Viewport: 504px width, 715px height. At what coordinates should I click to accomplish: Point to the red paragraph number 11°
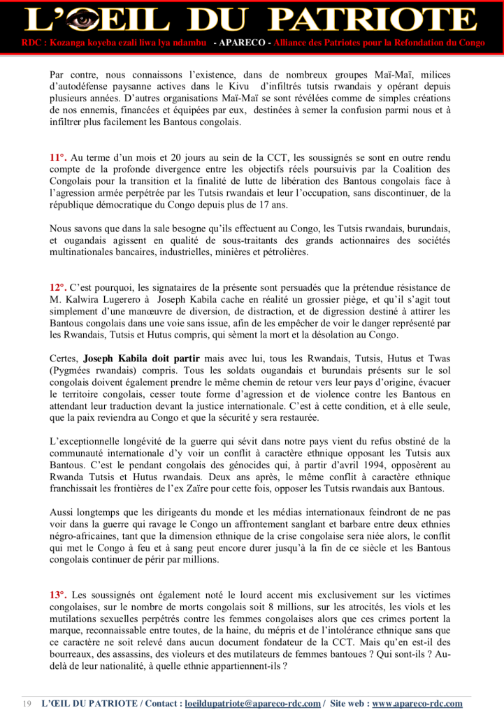point(58,159)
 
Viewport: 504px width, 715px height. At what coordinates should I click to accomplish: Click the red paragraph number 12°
point(58,287)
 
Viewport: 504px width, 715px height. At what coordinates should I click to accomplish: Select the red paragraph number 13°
point(58,595)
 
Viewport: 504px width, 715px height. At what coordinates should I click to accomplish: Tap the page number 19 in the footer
point(28,703)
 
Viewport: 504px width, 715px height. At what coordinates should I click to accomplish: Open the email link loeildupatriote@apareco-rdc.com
point(252,703)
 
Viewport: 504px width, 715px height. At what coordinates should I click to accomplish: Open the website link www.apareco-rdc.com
point(417,703)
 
